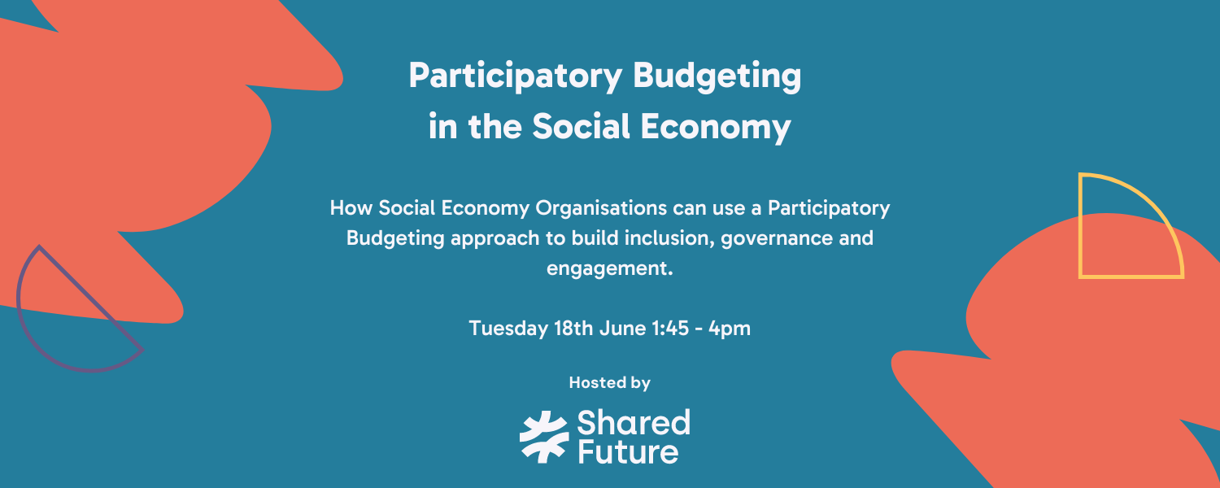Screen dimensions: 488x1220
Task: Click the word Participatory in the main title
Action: [x=515, y=77]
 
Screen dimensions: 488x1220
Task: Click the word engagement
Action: [x=609, y=269]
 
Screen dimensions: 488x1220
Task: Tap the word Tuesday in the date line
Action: [x=508, y=329]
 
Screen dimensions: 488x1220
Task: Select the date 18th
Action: [x=574, y=329]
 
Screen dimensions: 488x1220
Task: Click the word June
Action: [x=621, y=329]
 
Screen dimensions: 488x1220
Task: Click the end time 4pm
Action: [x=730, y=329]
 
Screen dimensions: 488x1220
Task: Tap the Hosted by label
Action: [x=609, y=382]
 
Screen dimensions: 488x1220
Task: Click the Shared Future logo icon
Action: [x=544, y=437]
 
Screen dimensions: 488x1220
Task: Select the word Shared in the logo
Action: [x=633, y=423]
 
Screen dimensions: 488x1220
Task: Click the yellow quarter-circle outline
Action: [x=1131, y=226]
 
